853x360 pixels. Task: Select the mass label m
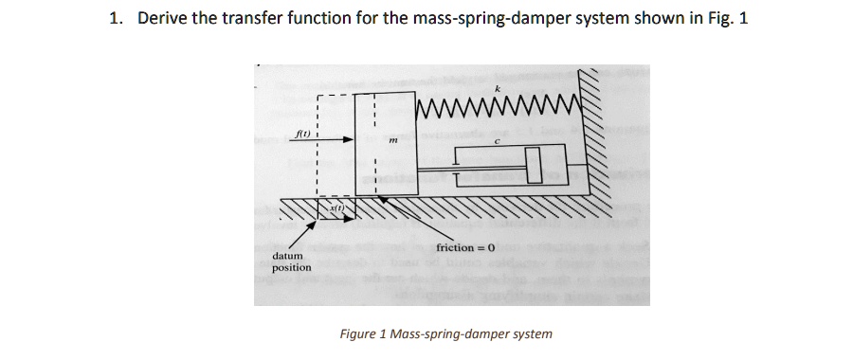point(391,144)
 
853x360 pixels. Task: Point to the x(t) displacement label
point(336,206)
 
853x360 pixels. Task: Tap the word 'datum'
point(287,256)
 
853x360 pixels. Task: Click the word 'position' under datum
point(291,268)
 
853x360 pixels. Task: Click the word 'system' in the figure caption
point(532,333)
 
